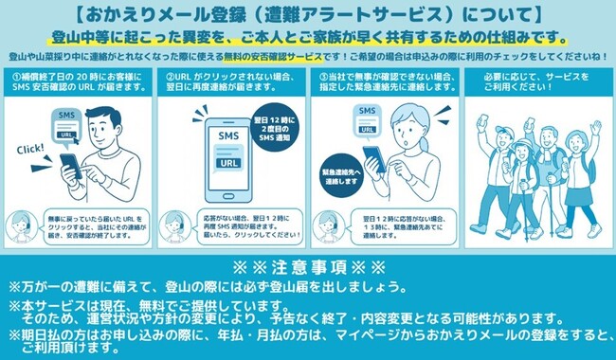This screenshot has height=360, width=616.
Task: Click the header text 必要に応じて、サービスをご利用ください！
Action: tap(536, 82)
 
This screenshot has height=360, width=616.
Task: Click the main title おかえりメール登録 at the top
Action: tap(307, 16)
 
